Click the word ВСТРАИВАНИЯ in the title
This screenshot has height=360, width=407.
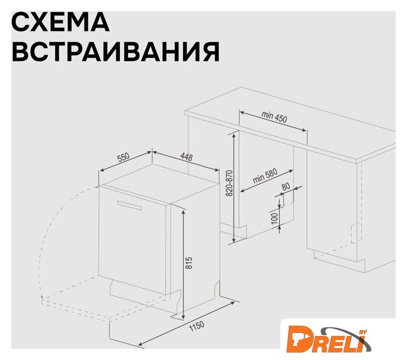tap(116, 51)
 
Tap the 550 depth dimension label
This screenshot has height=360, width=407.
tap(123, 157)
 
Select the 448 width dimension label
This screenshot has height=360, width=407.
tap(186, 157)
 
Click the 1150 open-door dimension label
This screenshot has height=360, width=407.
tap(197, 327)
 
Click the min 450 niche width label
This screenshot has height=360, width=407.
tap(274, 117)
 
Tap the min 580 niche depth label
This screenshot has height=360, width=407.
tap(265, 176)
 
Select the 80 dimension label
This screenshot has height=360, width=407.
tap(285, 187)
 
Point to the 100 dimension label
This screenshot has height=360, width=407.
tap(274, 219)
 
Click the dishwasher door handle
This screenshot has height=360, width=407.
tap(129, 205)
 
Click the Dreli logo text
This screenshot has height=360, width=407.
tap(326, 339)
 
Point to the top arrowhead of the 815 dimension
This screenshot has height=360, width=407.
tap(184, 212)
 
